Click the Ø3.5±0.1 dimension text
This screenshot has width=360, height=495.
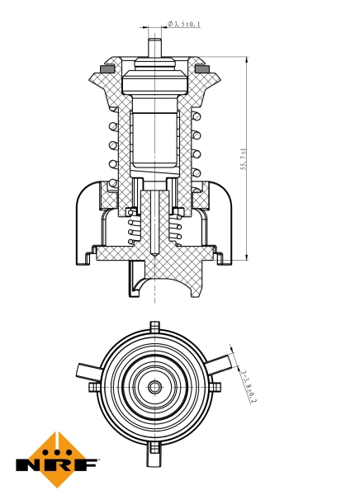[x=184, y=24]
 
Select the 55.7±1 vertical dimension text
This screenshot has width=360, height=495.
[x=244, y=158]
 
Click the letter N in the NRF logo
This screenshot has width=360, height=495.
[x=30, y=463]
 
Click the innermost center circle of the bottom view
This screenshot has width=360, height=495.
[x=154, y=386]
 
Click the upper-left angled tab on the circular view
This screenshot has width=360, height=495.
[x=87, y=370]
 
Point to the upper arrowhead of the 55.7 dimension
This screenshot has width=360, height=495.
[x=247, y=60]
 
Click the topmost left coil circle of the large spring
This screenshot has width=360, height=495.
[x=112, y=128]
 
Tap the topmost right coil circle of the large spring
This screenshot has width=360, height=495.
[x=197, y=118]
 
